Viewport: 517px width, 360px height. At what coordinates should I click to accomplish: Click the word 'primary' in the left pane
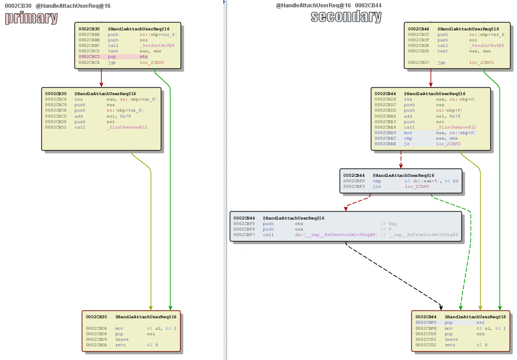(31, 18)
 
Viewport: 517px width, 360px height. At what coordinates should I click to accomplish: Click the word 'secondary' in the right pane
(346, 17)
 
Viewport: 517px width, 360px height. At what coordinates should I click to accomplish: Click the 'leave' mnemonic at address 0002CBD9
(122, 339)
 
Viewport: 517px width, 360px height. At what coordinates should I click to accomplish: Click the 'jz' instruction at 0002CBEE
(407, 144)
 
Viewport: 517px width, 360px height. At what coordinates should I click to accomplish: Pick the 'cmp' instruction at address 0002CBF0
(377, 181)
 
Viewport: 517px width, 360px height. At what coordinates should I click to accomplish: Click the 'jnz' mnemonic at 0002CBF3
(377, 187)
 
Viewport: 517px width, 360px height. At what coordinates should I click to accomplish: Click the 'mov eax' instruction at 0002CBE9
(408, 133)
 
